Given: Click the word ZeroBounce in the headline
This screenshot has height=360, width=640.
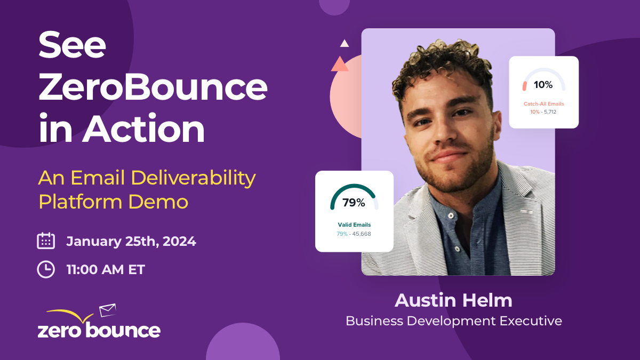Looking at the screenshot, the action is [153, 87].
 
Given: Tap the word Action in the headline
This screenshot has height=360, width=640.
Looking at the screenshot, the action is [143, 128].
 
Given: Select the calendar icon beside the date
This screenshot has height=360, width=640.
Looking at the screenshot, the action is [46, 241].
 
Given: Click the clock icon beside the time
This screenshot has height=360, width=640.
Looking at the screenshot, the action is [46, 269].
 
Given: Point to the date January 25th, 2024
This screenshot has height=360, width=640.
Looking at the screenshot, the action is [131, 242].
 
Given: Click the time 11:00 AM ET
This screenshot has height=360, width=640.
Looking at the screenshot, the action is [106, 269].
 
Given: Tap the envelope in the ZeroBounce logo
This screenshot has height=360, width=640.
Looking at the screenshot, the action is [108, 310].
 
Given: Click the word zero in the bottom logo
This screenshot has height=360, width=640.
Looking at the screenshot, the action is [59, 331].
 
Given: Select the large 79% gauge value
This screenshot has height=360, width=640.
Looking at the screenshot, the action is [354, 203].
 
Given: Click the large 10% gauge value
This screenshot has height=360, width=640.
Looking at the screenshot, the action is [543, 85].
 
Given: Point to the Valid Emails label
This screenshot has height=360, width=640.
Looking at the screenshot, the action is [354, 225].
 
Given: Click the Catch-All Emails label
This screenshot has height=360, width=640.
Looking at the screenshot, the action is [543, 103].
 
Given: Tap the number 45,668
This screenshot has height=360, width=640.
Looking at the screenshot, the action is [362, 234].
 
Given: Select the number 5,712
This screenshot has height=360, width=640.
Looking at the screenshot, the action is [550, 111].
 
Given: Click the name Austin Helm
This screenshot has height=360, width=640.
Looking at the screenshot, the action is [453, 300].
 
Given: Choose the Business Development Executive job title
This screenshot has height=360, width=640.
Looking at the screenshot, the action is [454, 321].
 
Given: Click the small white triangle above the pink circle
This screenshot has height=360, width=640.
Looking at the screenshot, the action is [345, 43].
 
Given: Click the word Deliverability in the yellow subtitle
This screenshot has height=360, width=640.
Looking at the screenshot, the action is [193, 178].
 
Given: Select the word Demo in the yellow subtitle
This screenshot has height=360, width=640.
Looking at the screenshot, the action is [158, 202].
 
